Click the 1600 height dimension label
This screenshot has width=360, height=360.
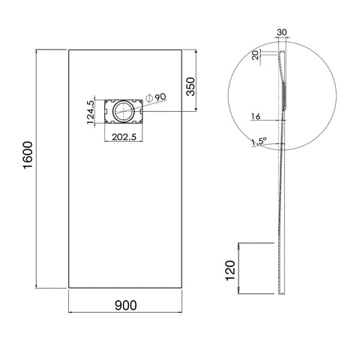click(x=28, y=155)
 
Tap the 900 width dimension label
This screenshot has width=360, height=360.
click(x=126, y=305)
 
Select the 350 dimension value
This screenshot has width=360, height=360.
click(x=190, y=86)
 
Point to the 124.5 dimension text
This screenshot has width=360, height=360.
click(x=90, y=112)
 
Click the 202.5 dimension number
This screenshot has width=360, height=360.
click(x=124, y=137)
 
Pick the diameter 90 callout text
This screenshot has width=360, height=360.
click(x=156, y=97)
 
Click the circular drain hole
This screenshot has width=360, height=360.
click(x=124, y=112)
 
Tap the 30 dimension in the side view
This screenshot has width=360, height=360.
click(x=282, y=32)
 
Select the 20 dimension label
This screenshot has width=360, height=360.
click(x=256, y=55)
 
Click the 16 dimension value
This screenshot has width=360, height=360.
click(x=256, y=116)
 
